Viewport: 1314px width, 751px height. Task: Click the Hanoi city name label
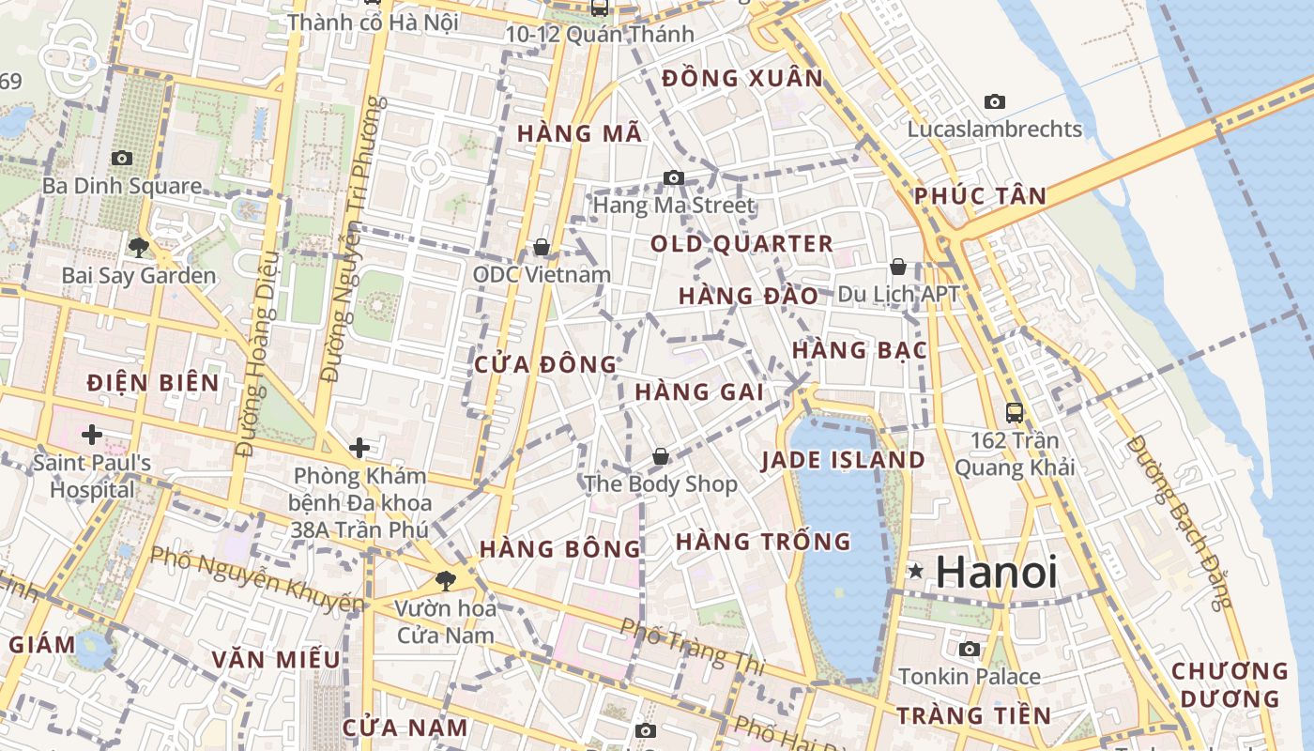coord(997,573)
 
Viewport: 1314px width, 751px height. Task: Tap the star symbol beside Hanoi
coord(915,571)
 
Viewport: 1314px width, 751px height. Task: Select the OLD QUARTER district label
coord(741,244)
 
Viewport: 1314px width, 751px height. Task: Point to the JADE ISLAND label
coord(843,460)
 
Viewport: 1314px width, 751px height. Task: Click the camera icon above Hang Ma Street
coord(673,177)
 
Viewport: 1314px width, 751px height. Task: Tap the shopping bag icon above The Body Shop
coord(661,456)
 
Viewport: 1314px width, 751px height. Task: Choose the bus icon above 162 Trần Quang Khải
coord(1014,412)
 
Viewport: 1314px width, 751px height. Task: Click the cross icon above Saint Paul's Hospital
coord(92,435)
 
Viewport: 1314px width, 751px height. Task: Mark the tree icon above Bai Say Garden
coord(139,248)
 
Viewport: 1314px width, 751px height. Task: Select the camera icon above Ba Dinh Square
coord(121,158)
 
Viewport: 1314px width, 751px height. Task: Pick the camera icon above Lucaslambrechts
coord(994,101)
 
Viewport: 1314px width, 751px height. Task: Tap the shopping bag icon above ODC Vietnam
coord(542,247)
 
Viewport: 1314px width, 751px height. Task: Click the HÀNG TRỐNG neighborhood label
coord(763,542)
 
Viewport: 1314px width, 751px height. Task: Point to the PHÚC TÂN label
coord(980,196)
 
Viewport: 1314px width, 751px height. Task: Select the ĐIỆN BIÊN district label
coord(153,383)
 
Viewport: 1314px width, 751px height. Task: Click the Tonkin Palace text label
coord(970,677)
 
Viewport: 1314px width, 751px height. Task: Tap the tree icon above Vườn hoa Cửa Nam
coord(445,580)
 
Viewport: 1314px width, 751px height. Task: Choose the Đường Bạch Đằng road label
coord(1179,522)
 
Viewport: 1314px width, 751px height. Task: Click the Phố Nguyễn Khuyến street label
coord(255,577)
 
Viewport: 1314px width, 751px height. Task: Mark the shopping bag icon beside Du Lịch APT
coord(898,267)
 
